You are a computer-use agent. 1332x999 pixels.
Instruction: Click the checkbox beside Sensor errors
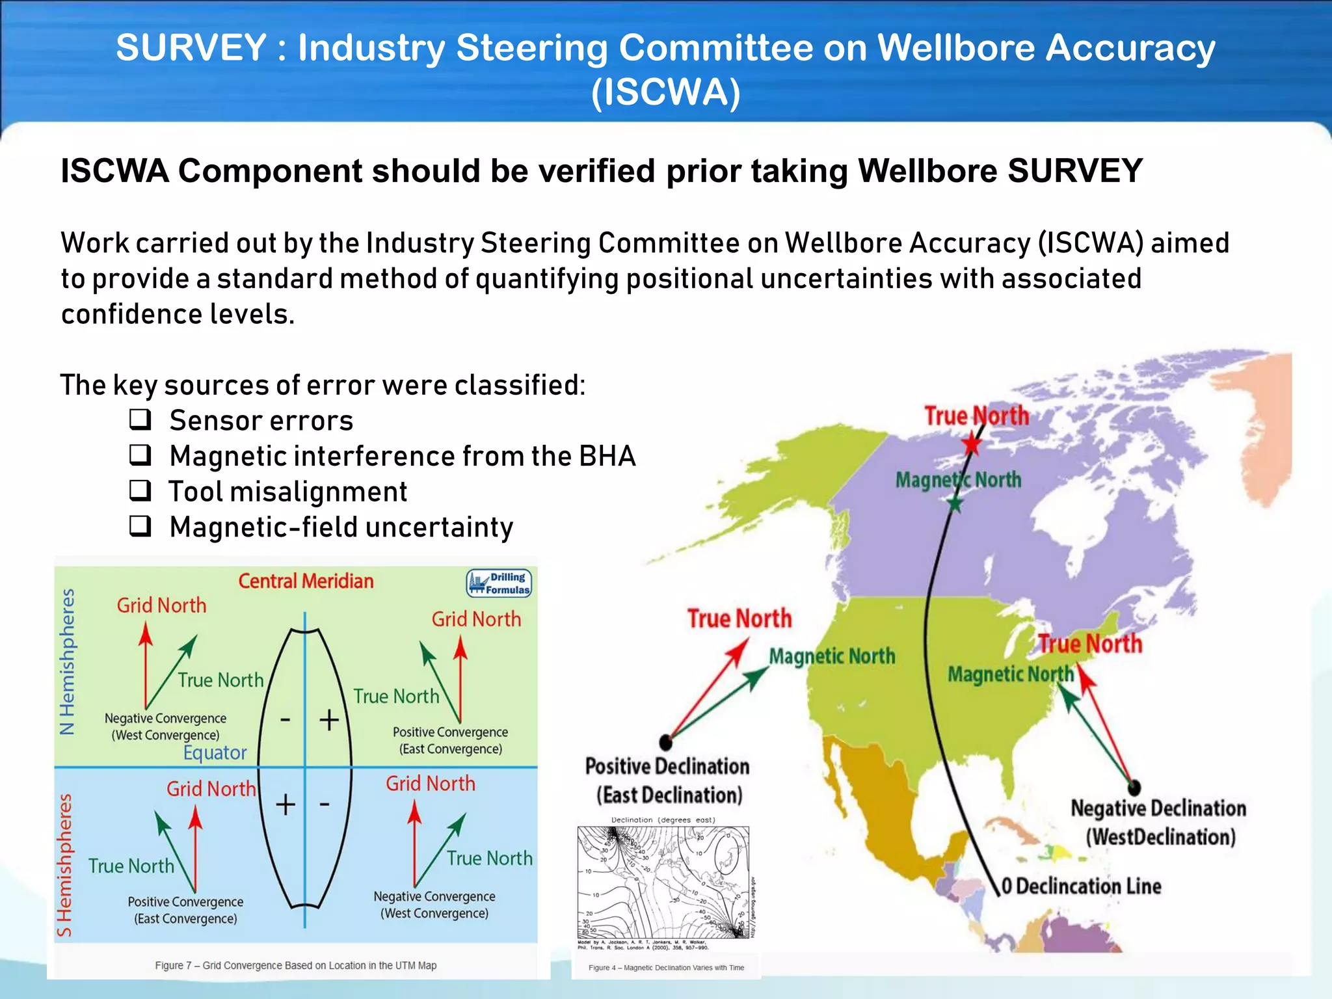pos(140,420)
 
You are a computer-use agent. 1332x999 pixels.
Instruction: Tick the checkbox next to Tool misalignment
pos(140,490)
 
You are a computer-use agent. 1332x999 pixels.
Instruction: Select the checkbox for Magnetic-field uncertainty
pos(140,526)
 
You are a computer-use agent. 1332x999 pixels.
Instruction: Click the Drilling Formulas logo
pos(499,583)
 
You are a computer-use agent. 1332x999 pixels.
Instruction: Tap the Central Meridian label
pos(306,581)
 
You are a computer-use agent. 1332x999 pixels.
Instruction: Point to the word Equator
pos(215,753)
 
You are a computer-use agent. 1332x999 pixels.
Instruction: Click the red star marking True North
pos(971,444)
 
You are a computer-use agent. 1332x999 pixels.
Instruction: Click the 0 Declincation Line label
pos(1081,886)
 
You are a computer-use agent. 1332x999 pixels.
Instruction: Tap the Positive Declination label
pos(667,767)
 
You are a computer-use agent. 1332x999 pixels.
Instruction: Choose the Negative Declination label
pos(1158,808)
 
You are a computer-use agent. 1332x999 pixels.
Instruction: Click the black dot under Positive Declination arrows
pos(665,741)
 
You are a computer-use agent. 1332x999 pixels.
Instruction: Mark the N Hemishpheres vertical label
pos(67,661)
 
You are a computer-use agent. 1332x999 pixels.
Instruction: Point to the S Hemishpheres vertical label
pos(64,865)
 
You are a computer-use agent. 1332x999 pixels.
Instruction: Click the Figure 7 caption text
pos(295,965)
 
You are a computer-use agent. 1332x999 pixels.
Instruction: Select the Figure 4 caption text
pos(666,968)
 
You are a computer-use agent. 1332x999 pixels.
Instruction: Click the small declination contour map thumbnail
pos(664,881)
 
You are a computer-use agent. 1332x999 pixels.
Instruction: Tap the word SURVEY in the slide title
pos(191,47)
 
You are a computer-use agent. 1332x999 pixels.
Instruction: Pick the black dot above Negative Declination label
pos(1134,788)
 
